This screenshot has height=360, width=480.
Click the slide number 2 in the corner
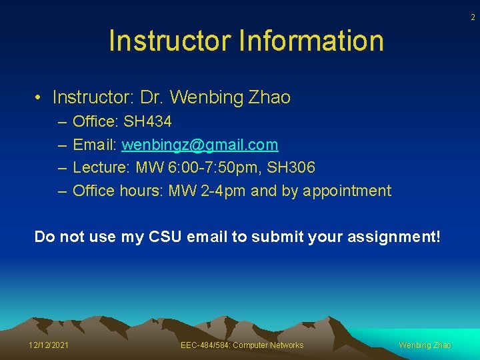click(473, 17)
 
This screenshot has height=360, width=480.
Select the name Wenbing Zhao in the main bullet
click(231, 97)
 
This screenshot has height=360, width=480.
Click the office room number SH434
click(147, 122)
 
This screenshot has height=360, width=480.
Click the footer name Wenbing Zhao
click(425, 345)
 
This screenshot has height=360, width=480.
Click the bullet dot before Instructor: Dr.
click(40, 98)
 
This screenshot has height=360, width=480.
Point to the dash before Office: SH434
click(62, 122)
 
